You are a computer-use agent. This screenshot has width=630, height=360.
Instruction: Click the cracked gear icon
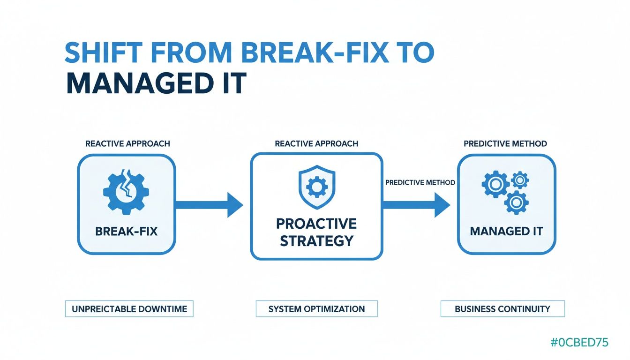pos(126,192)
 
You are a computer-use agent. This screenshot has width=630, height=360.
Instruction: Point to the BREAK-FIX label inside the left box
pos(126,232)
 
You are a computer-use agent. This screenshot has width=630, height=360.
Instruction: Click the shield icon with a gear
pos(316,187)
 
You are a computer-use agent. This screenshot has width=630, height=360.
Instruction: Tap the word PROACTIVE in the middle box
pos(316,223)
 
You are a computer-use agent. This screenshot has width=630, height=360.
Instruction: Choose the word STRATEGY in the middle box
pos(316,241)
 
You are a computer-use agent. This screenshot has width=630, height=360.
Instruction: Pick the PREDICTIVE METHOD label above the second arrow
pos(420,182)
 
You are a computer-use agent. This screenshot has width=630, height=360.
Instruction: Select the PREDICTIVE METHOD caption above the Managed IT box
pos(505,143)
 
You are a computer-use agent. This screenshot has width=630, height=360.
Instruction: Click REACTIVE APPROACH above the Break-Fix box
pos(127,143)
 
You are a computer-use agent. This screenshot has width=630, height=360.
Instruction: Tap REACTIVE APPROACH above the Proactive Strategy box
pos(316,143)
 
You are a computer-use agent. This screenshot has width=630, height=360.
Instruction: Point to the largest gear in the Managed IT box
pos(495,184)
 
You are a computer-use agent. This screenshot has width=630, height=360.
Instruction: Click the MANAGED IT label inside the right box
pos(506,232)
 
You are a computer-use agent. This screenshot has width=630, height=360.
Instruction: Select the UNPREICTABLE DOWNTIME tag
pos(129,309)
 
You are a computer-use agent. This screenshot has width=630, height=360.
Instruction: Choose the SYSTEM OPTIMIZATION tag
pos(316,309)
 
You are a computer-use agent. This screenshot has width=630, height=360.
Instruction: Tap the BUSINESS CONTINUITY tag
pos(502,309)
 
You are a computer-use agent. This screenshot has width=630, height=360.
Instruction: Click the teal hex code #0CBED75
pos(579,343)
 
